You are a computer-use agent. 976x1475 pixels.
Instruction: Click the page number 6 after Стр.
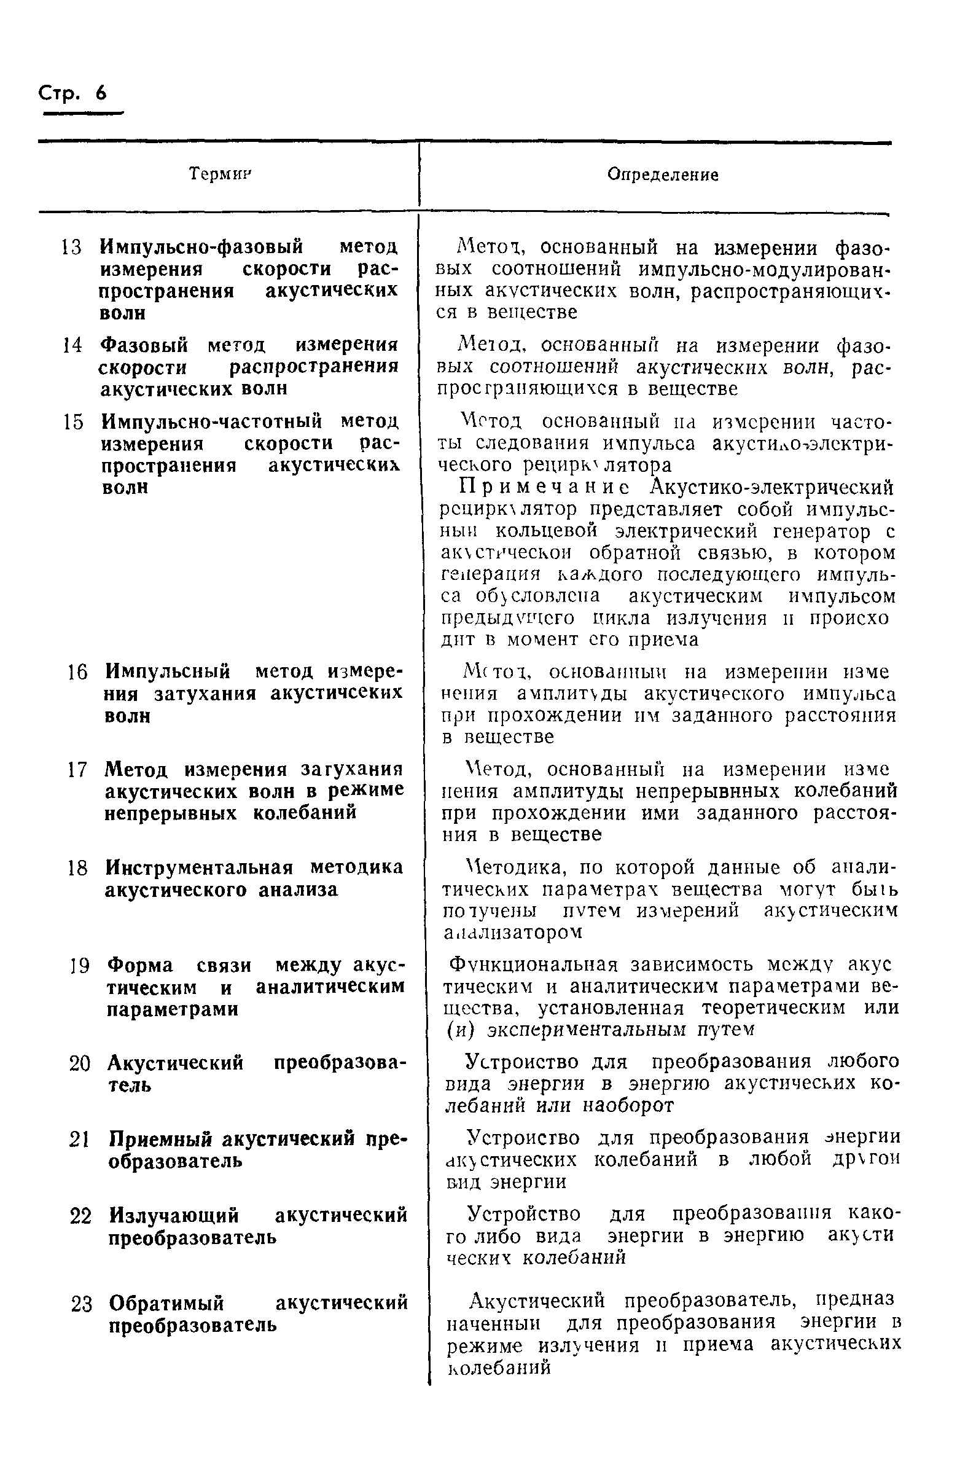point(101,93)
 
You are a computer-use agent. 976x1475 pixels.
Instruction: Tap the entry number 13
point(72,247)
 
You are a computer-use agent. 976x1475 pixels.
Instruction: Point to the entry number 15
point(74,422)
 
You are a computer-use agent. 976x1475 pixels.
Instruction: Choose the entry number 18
point(78,868)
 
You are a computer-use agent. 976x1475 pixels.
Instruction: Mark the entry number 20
point(80,1063)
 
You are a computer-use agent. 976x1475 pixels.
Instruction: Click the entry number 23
point(81,1303)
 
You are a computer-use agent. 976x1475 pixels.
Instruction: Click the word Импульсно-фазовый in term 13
point(201,247)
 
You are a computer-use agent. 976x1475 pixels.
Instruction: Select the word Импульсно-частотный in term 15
point(212,422)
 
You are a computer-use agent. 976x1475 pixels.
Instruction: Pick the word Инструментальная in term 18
point(199,867)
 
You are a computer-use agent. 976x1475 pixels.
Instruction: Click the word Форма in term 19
point(140,965)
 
